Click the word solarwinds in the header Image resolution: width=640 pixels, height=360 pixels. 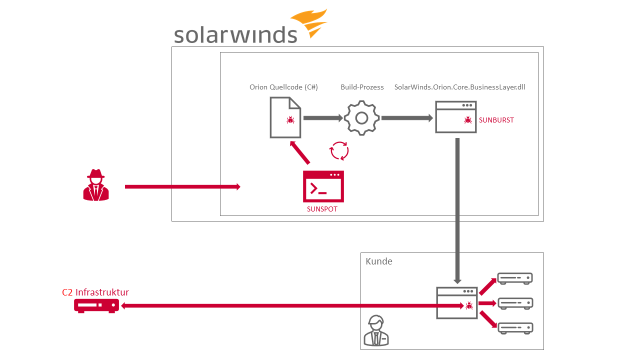point(235,34)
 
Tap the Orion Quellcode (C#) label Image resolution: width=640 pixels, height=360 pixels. point(283,87)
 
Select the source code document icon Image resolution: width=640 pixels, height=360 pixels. point(285,117)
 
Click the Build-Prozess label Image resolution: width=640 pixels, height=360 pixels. point(362,87)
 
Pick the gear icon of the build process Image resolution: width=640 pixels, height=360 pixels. point(362,118)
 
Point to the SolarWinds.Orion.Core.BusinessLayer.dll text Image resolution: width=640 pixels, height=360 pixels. point(459,87)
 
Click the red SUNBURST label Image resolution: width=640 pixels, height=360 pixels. point(496,120)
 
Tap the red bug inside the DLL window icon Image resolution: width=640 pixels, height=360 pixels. point(468,120)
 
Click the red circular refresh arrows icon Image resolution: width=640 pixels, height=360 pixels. point(339,150)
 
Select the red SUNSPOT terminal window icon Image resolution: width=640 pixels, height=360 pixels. point(323,186)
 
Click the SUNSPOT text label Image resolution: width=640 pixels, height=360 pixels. point(322,209)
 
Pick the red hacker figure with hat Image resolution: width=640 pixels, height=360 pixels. point(96,185)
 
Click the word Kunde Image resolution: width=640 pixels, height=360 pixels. point(379,261)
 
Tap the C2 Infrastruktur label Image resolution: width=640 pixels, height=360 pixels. point(95,292)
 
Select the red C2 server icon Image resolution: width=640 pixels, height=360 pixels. point(96,305)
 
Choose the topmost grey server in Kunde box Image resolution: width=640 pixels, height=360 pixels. point(514,278)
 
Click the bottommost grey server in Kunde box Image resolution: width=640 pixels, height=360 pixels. point(514,328)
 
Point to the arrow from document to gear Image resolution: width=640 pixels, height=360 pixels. point(323,118)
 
